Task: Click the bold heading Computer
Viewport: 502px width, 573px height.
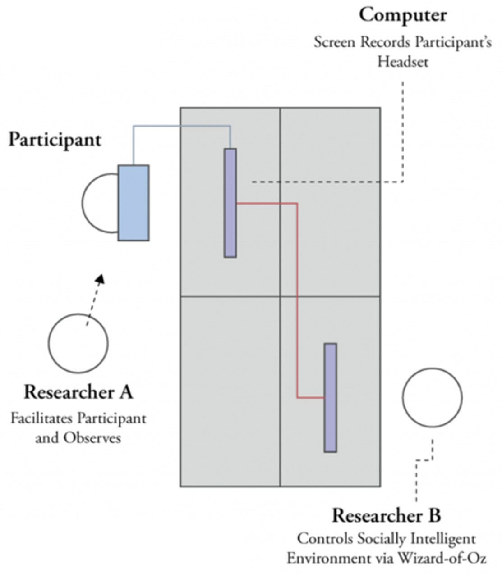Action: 403,15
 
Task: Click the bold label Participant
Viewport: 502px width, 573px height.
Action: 55,140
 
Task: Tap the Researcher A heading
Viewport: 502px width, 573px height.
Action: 78,392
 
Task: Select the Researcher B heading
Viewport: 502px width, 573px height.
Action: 387,515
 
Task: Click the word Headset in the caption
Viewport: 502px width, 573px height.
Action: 403,61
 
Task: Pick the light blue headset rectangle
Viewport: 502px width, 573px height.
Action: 134,203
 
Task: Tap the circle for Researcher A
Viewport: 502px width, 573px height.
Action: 78,343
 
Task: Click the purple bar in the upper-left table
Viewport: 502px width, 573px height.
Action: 230,203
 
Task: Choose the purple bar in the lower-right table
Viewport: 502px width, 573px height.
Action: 330,397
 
